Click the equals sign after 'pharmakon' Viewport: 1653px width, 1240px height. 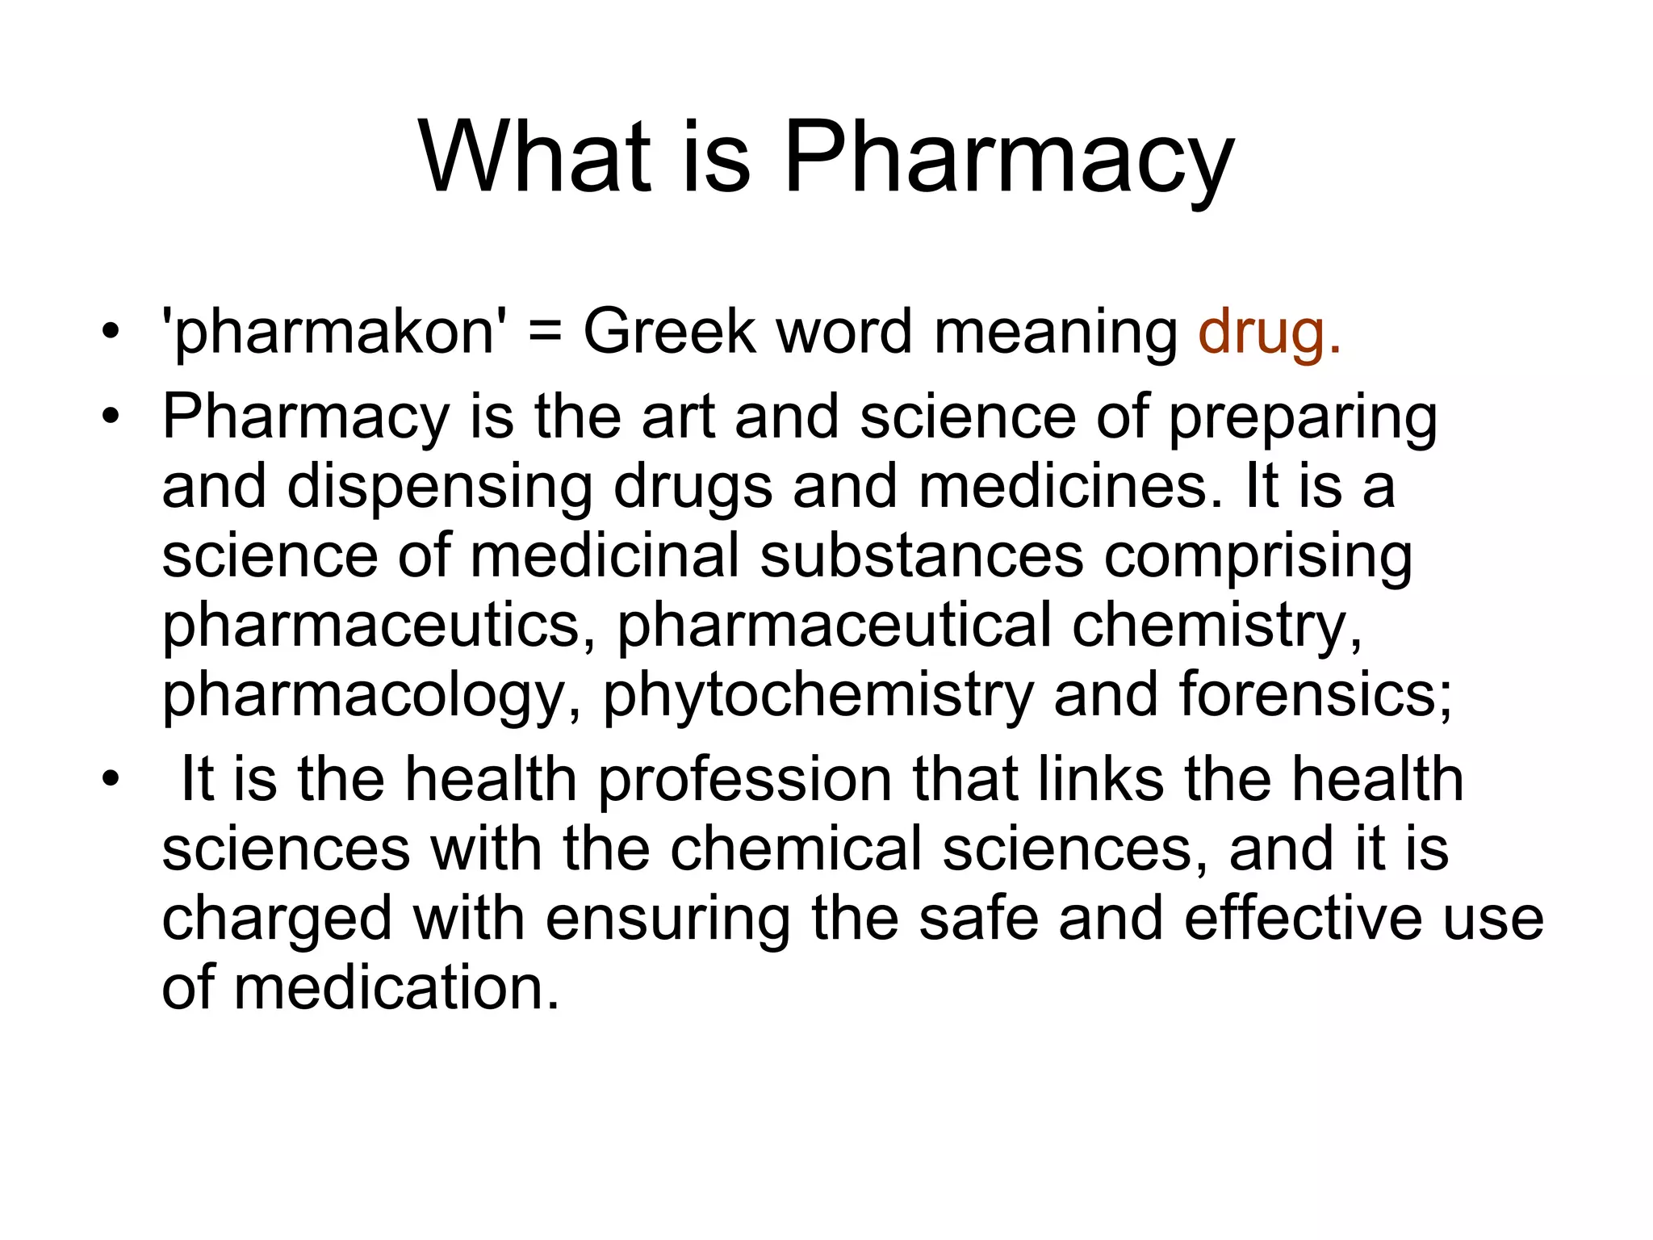[546, 333]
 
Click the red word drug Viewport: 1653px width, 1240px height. [1269, 333]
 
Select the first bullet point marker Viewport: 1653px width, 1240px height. [111, 332]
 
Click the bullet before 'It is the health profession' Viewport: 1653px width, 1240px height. [111, 779]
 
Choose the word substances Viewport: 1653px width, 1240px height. [922, 556]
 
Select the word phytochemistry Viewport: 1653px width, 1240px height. [818, 697]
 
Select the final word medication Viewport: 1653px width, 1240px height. [396, 988]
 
